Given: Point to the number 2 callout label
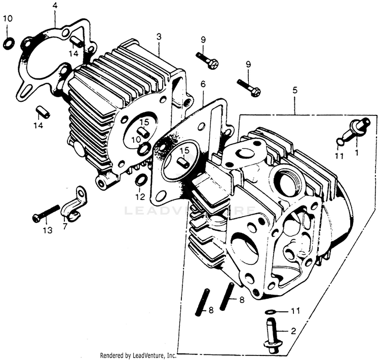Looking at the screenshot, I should [292, 331].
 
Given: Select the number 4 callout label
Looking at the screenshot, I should [55, 6].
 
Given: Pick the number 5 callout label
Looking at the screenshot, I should [294, 91].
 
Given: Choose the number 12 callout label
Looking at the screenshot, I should [140, 196].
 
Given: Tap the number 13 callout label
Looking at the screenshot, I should [47, 231].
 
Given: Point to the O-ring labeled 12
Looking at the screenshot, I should [142, 180].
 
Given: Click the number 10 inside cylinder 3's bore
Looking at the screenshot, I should [135, 139].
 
